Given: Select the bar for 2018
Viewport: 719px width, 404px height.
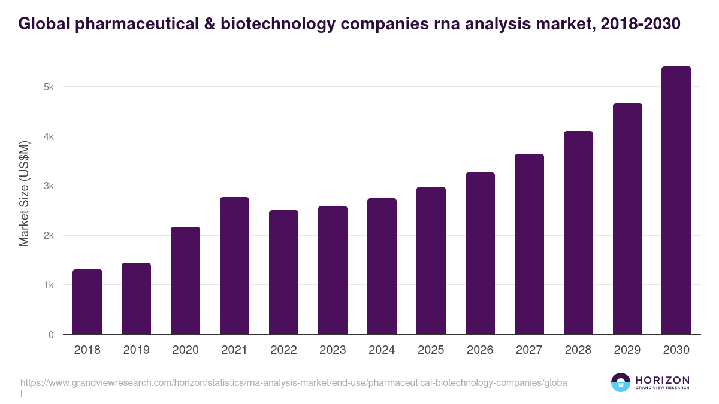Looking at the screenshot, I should (x=87, y=302).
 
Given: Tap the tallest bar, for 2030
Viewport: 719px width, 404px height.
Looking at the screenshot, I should (x=676, y=200).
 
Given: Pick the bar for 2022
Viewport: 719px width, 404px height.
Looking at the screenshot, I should (x=283, y=272).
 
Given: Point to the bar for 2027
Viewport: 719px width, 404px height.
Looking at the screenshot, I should (x=529, y=244).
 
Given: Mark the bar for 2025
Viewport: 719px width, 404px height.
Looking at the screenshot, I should (x=431, y=260).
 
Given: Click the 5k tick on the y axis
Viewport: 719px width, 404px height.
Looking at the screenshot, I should (x=49, y=87).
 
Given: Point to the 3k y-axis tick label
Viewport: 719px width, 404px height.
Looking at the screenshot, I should (x=49, y=186).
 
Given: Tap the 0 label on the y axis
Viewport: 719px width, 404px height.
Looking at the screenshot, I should (x=52, y=335).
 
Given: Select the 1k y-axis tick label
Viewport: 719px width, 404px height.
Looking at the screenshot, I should (x=49, y=285).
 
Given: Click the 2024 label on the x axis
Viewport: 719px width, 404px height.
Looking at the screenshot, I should (x=382, y=350).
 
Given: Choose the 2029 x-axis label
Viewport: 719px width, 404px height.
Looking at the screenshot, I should (x=627, y=350).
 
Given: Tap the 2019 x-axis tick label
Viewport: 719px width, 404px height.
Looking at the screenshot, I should (x=136, y=350).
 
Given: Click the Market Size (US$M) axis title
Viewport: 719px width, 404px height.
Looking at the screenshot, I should (x=24, y=193).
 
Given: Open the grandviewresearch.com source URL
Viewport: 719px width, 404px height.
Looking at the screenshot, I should (x=294, y=382).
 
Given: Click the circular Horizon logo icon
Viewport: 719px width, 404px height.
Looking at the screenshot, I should (x=621, y=382).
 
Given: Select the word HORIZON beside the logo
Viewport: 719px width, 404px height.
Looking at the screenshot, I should (x=662, y=380).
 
